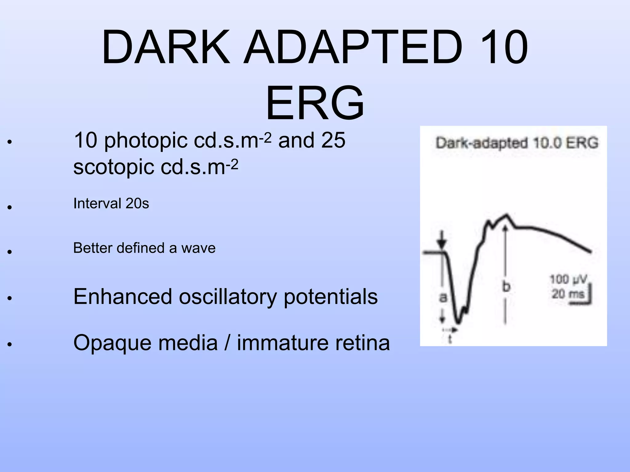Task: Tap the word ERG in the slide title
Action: click(x=315, y=104)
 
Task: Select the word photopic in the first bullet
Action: click(x=146, y=141)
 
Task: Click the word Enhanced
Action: click(x=122, y=297)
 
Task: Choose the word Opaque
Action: click(x=112, y=343)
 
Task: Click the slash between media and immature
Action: click(x=227, y=343)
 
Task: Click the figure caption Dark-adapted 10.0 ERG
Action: click(x=517, y=143)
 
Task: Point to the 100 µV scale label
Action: click(x=568, y=280)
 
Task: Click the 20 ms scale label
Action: click(x=568, y=294)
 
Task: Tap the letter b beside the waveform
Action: click(x=506, y=287)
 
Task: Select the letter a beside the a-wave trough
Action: click(x=443, y=297)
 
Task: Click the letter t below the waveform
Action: click(x=450, y=339)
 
